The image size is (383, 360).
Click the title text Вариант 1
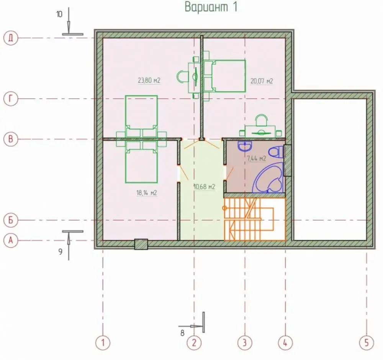click(x=211, y=7)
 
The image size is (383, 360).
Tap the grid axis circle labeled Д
click(x=11, y=38)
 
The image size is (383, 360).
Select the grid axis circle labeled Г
click(x=11, y=99)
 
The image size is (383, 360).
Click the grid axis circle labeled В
click(x=11, y=139)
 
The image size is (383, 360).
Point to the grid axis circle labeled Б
click(x=11, y=220)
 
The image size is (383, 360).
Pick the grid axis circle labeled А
click(x=11, y=240)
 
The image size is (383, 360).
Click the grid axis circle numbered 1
click(x=103, y=343)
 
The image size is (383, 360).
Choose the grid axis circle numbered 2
click(x=194, y=343)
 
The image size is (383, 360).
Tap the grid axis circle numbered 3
click(x=245, y=343)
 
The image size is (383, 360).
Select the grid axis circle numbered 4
click(x=285, y=343)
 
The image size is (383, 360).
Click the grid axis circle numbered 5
click(x=367, y=343)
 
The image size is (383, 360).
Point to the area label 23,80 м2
click(x=149, y=80)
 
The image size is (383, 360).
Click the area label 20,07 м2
click(x=262, y=81)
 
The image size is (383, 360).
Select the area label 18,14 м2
click(x=147, y=193)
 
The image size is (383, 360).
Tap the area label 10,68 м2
click(x=205, y=187)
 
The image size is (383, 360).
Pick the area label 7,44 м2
click(x=257, y=158)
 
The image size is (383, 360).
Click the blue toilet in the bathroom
click(x=276, y=152)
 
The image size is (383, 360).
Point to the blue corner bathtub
click(x=269, y=178)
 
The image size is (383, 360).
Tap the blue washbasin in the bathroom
click(x=245, y=146)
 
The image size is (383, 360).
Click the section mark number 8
click(x=182, y=333)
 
